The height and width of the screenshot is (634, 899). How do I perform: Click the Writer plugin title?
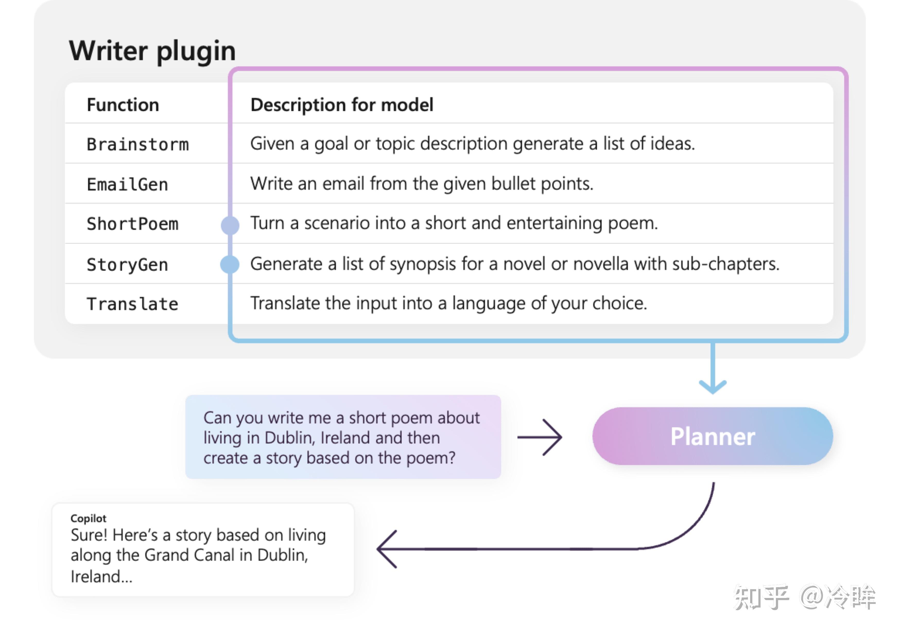point(152,51)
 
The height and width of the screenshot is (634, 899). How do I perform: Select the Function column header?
point(123,105)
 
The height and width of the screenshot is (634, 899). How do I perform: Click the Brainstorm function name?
point(138,144)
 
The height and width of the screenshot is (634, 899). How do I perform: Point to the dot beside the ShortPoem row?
point(230,225)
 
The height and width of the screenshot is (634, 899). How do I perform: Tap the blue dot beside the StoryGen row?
point(230,264)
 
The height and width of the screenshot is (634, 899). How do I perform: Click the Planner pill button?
point(713,436)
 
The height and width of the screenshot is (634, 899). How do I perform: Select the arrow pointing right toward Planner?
point(540,437)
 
